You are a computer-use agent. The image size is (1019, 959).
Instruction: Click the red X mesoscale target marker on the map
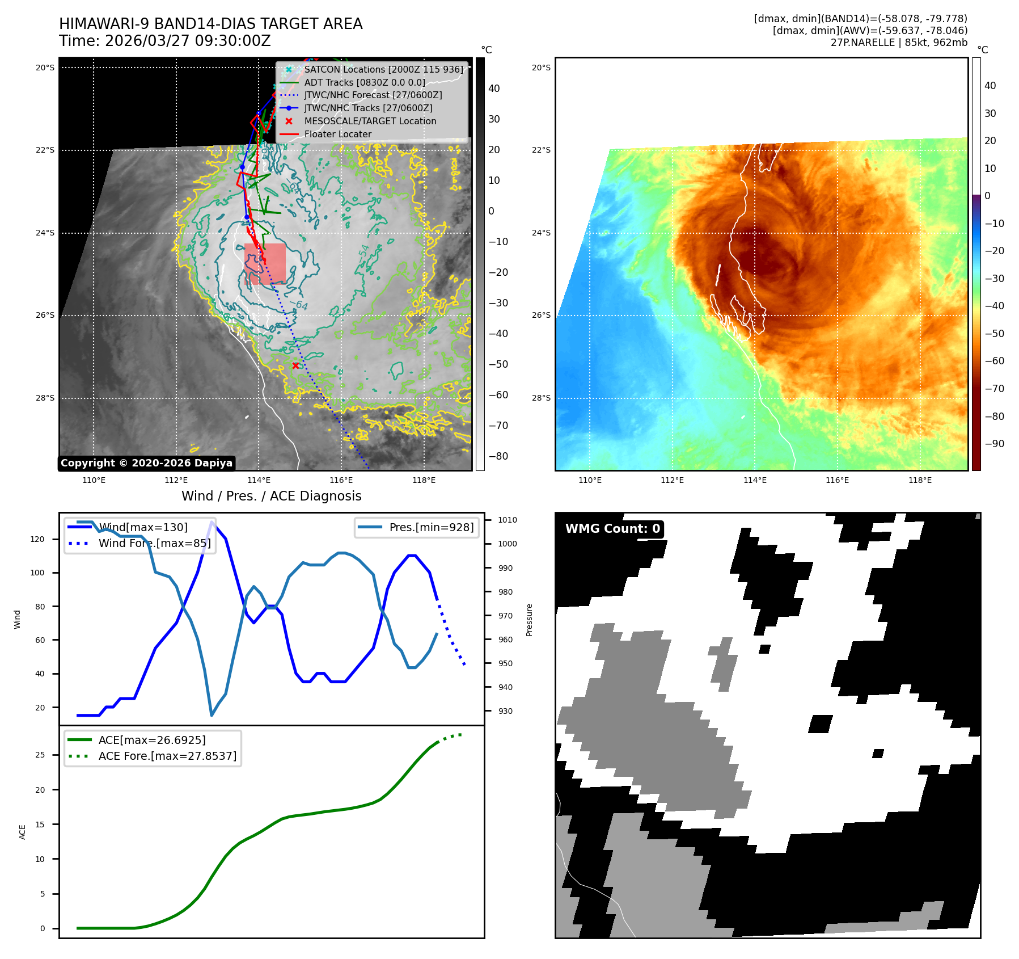pos(295,365)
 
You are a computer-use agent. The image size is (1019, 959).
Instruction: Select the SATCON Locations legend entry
pos(383,69)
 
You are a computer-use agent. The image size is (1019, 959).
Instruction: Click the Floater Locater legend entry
pos(337,134)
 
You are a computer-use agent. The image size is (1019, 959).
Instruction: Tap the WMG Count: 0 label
pos(612,529)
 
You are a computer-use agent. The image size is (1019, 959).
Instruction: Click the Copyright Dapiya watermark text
pos(146,463)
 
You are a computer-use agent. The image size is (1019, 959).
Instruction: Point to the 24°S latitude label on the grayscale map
pos(45,233)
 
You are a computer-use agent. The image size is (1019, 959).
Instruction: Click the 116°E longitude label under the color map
pos(837,480)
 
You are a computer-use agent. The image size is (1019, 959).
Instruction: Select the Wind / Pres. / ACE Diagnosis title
pos(271,496)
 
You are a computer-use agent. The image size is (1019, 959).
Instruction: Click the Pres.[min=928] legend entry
pos(431,527)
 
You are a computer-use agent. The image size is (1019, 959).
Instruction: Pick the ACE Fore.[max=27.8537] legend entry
pos(167,756)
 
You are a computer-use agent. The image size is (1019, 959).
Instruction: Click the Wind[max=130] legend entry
pos(143,527)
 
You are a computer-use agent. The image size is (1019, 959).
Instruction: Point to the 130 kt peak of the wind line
pos(212,522)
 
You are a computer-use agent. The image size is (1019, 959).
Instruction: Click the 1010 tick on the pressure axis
pos(507,520)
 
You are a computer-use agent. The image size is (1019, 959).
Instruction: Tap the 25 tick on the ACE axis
pos(40,755)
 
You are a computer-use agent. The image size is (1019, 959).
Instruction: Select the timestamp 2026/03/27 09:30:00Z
pos(188,41)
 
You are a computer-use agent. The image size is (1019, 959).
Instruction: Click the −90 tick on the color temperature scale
pos(994,444)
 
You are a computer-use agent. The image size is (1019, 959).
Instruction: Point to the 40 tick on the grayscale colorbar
pos(494,89)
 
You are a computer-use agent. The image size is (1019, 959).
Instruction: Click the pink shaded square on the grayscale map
pos(265,263)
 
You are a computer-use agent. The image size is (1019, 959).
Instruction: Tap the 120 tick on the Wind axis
pos(37,539)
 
